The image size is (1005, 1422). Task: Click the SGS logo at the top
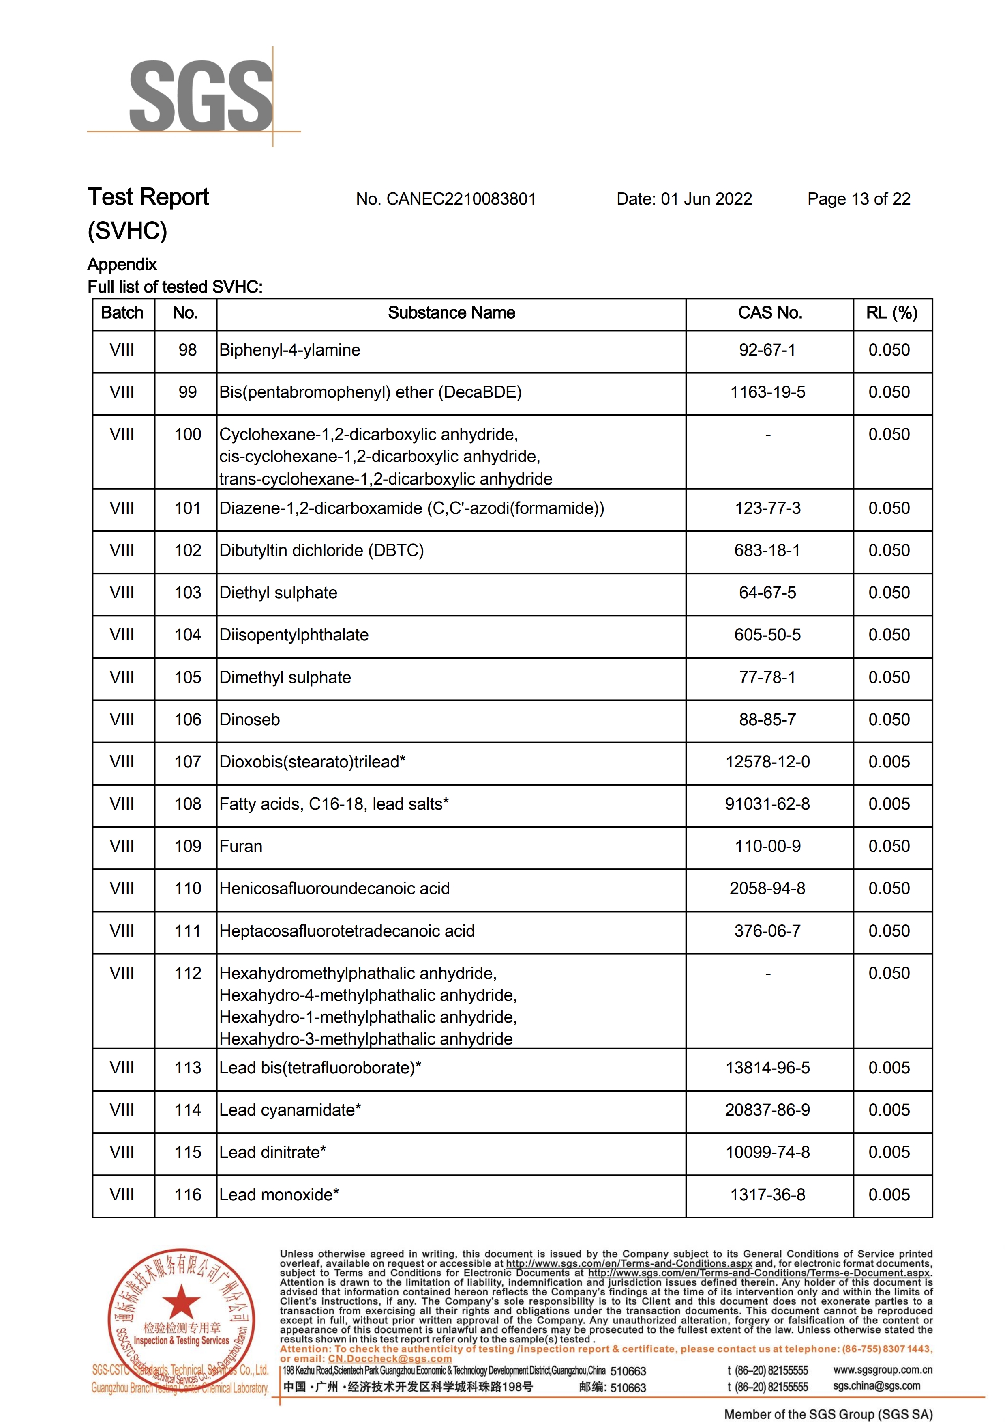click(x=201, y=96)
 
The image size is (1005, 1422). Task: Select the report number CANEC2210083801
click(x=461, y=199)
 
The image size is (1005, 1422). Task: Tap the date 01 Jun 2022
click(x=706, y=199)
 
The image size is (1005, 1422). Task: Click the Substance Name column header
click(x=451, y=313)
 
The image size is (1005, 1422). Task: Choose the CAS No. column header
click(x=769, y=313)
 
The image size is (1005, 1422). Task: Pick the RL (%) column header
click(x=891, y=313)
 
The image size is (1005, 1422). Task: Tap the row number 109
click(x=188, y=846)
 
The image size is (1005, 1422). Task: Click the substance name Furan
click(x=241, y=846)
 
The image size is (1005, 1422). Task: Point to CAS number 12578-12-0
click(x=767, y=762)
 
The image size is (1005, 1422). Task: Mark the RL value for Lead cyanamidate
click(x=889, y=1110)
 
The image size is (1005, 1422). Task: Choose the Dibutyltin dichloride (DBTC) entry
click(x=321, y=551)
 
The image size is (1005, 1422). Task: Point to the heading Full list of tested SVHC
click(x=175, y=287)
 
